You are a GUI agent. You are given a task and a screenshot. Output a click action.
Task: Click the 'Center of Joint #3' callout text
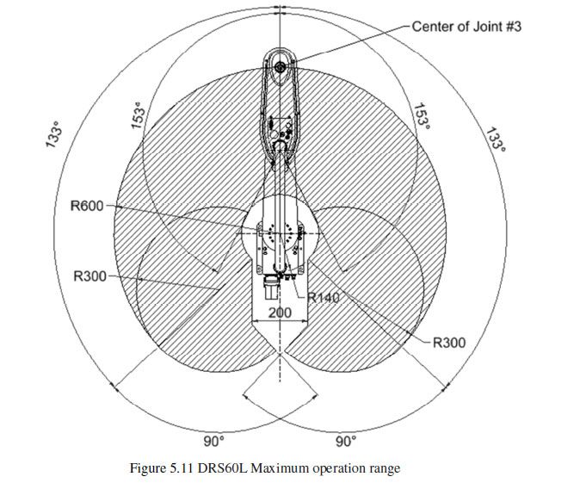(x=466, y=27)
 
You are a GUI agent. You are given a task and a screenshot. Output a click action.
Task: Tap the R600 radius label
(x=87, y=206)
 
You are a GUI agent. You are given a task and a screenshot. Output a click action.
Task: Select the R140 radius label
(x=324, y=297)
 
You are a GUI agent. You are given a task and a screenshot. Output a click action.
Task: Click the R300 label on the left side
(x=89, y=276)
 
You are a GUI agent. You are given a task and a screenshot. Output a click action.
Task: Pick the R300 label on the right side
(x=449, y=343)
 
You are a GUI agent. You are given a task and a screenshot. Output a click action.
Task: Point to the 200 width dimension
(x=280, y=313)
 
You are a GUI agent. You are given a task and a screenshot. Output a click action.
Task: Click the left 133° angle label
(x=53, y=134)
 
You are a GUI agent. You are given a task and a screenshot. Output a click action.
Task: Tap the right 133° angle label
(x=496, y=139)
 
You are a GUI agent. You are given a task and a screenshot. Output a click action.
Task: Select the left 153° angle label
(x=138, y=115)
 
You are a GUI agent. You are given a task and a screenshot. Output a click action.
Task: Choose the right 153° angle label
(x=422, y=116)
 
